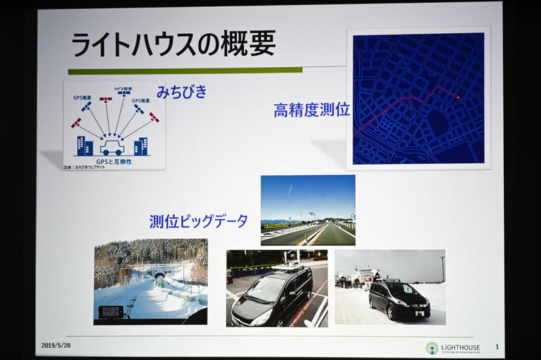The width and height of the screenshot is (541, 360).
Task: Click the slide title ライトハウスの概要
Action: tap(174, 44)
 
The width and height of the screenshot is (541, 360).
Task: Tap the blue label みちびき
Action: tap(181, 92)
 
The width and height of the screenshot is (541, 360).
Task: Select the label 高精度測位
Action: tap(311, 110)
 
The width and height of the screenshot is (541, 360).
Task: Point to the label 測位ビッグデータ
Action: tap(198, 221)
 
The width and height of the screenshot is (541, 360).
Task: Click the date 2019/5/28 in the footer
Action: tap(56, 345)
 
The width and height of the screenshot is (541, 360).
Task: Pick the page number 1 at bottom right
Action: tap(496, 346)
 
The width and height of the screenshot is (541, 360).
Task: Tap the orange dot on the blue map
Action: tap(458, 97)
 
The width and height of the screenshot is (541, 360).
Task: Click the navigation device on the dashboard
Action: tap(111, 312)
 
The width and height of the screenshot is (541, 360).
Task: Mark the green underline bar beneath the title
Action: tap(185, 70)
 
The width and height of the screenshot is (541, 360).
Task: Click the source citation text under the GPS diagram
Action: tap(84, 166)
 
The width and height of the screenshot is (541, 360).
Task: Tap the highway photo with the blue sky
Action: tap(308, 210)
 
